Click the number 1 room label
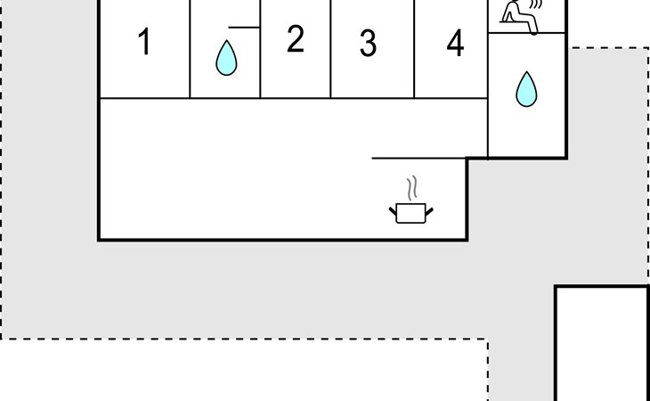(144, 43)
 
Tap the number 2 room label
(296, 39)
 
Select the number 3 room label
(368, 43)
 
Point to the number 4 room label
(455, 43)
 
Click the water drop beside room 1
(227, 59)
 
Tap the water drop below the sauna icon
(527, 90)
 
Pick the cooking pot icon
(410, 212)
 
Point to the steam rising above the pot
(411, 189)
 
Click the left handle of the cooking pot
(394, 210)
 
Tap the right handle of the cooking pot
(428, 210)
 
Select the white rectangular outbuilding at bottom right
(602, 343)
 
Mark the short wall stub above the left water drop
(244, 28)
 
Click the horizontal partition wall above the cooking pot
(418, 159)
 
